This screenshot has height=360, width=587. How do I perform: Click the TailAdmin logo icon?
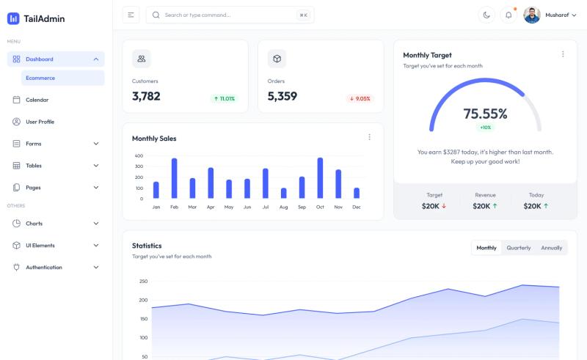pos(13,18)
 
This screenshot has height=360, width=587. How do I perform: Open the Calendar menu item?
pos(37,100)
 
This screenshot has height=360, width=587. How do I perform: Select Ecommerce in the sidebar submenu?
pos(40,78)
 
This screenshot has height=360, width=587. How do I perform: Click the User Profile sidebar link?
pos(40,122)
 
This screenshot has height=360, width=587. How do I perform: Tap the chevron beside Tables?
pos(96,166)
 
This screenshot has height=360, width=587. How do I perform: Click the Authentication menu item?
pos(44,267)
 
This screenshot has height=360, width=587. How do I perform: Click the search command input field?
pos(230,15)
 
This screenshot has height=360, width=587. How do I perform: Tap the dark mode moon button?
pos(486,15)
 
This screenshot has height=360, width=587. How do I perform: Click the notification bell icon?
pos(508,15)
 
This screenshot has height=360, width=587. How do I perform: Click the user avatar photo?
pos(531,15)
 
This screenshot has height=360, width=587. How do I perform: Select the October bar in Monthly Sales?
pos(320,177)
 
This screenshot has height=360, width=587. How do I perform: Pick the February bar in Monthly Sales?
pos(174,178)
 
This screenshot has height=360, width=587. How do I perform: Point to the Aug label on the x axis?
pos(283,207)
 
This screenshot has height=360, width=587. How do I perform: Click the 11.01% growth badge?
pos(225,99)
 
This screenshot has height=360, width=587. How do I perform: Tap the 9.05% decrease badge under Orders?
pos(360,99)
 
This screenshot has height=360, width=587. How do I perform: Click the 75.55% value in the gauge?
pos(485,114)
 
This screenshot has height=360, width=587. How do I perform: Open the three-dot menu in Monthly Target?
pos(563,54)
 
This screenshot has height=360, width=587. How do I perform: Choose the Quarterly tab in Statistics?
pos(519,248)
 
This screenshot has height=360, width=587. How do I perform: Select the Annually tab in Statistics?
pos(552,248)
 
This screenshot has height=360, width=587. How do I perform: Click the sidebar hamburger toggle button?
pos(131,15)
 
